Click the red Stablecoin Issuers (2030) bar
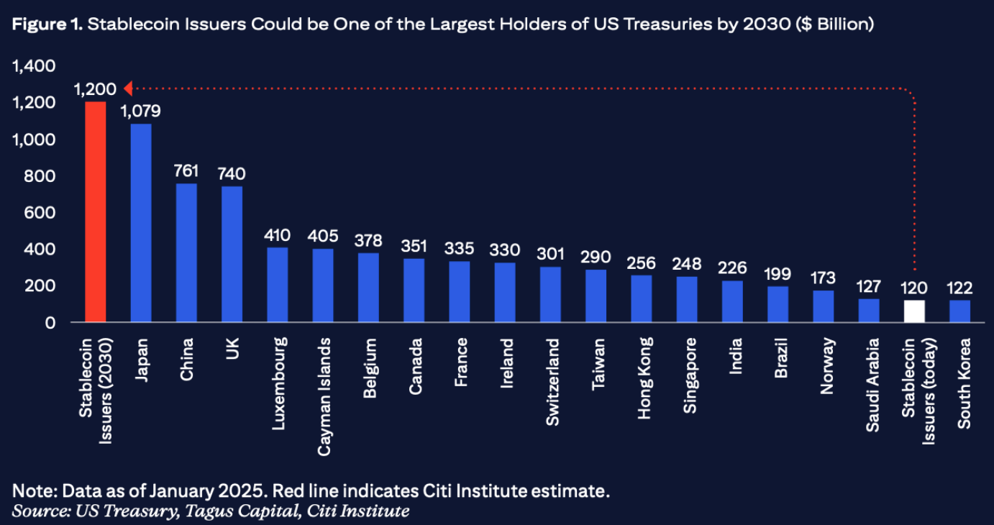96,212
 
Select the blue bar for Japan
141,223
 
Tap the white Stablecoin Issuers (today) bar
914,311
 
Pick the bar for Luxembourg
278,285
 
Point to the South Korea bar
959,311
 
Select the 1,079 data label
141,111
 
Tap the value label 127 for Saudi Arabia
869,288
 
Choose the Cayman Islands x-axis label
324,396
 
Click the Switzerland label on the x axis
552,382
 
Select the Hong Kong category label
644,378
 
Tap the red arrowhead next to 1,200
127,88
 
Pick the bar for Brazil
778,304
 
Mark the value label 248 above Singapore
687,264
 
